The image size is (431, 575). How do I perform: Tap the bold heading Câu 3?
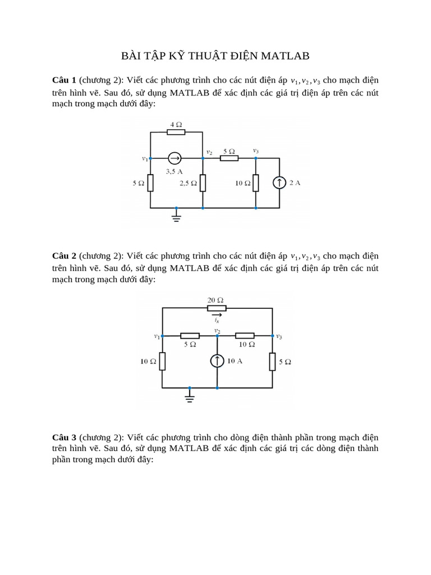coord(64,437)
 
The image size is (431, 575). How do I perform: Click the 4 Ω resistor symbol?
coord(176,132)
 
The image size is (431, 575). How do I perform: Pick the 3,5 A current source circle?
coord(175,159)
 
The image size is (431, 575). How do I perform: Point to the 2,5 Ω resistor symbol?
coord(203,182)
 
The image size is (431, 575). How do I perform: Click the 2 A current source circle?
coord(279,182)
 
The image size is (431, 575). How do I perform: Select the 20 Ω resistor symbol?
coord(217,308)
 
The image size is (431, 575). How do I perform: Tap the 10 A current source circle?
coord(217,361)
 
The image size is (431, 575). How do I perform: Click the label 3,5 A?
coord(174,171)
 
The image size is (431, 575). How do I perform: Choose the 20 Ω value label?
coord(216,299)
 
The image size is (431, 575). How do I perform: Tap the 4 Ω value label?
coord(176,124)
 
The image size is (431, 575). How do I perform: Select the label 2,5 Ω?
coord(187,183)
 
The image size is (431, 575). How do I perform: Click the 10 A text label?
coord(235,361)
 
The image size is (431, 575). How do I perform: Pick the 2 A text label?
coord(295,182)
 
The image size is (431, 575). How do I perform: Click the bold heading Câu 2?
coord(64,256)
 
